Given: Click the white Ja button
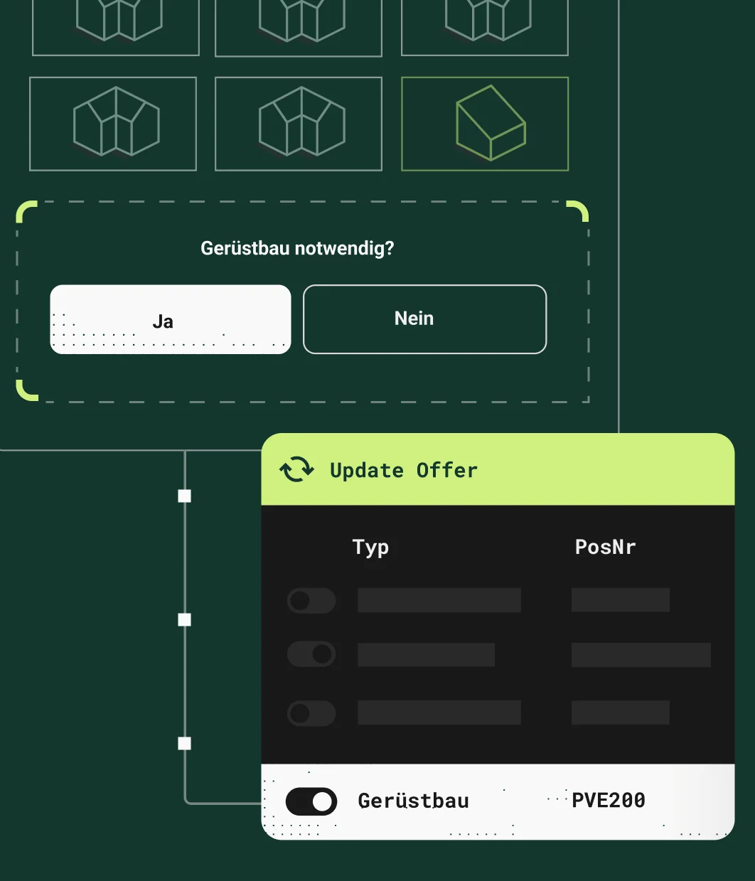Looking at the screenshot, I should pyautogui.click(x=171, y=319).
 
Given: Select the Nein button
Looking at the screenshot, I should pyautogui.click(x=424, y=319).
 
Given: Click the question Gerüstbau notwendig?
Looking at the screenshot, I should pyautogui.click(x=297, y=248).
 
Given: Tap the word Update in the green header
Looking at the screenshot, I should pyautogui.click(x=367, y=470).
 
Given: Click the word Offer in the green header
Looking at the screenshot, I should pyautogui.click(x=447, y=470).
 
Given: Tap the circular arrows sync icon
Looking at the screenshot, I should pyautogui.click(x=296, y=469).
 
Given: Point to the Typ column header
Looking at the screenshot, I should pyautogui.click(x=370, y=548).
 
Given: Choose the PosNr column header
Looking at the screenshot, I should pyautogui.click(x=605, y=547).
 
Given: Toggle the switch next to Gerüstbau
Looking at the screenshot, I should pyautogui.click(x=311, y=801).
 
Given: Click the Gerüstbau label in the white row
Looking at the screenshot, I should pyautogui.click(x=413, y=801).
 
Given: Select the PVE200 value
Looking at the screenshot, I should pyautogui.click(x=609, y=801).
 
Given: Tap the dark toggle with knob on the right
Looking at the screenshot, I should pyautogui.click(x=311, y=654).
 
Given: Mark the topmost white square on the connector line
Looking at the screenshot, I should pyautogui.click(x=185, y=496).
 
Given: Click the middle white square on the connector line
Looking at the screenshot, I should pyautogui.click(x=185, y=620).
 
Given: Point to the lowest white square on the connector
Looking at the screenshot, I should pyautogui.click(x=185, y=744).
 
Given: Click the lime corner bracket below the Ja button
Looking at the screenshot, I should pyautogui.click(x=26, y=391).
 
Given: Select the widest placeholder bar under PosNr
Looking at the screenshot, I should pyautogui.click(x=641, y=655).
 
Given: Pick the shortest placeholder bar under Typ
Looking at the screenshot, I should pyautogui.click(x=426, y=655).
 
